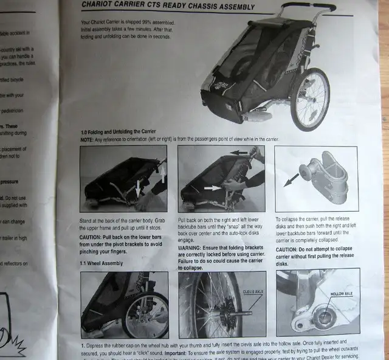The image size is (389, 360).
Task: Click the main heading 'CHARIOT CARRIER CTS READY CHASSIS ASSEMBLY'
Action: click(168, 7)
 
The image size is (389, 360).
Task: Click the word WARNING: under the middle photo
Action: click(193, 247)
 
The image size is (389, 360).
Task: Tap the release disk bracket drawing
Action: click(327, 177)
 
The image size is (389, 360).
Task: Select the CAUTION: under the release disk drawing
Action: click(289, 249)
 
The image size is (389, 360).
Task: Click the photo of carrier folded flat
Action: click(123, 179)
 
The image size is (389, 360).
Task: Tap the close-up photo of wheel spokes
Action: click(210, 303)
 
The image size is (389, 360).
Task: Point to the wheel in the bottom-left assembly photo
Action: click(145, 314)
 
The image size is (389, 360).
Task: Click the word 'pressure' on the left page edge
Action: click(10, 181)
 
